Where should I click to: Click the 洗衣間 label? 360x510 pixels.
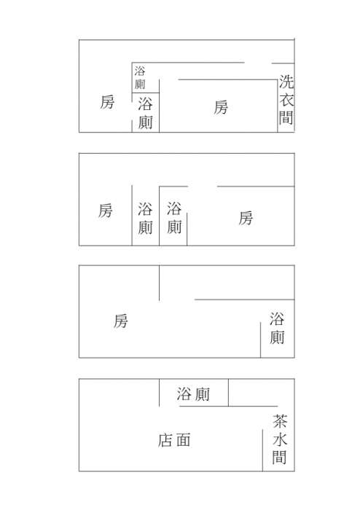[x=286, y=100]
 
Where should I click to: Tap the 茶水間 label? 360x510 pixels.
[x=279, y=439]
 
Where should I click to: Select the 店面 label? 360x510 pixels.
[x=174, y=440]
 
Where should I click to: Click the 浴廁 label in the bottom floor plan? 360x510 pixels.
[x=194, y=394]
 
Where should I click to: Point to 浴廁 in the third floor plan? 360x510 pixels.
[x=277, y=328]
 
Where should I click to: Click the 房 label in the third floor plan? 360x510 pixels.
[x=121, y=321]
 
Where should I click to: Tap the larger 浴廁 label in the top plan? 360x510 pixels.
[x=145, y=113]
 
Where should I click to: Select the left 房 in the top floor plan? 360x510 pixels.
[x=107, y=102]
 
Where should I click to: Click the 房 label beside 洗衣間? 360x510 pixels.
[x=221, y=107]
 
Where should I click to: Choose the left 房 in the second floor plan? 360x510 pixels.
[x=106, y=211]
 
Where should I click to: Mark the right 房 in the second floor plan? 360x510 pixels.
[x=246, y=218]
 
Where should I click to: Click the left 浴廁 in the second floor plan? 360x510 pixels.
[x=145, y=218]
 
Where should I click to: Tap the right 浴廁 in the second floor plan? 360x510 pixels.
[x=174, y=218]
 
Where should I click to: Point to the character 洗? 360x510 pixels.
[x=286, y=82]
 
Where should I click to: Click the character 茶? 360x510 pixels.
[x=280, y=421]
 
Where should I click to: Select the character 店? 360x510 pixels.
[x=165, y=440]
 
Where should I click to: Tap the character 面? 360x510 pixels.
[x=183, y=440]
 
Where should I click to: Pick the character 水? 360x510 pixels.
[x=280, y=439]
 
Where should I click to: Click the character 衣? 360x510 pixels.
[x=286, y=100]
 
